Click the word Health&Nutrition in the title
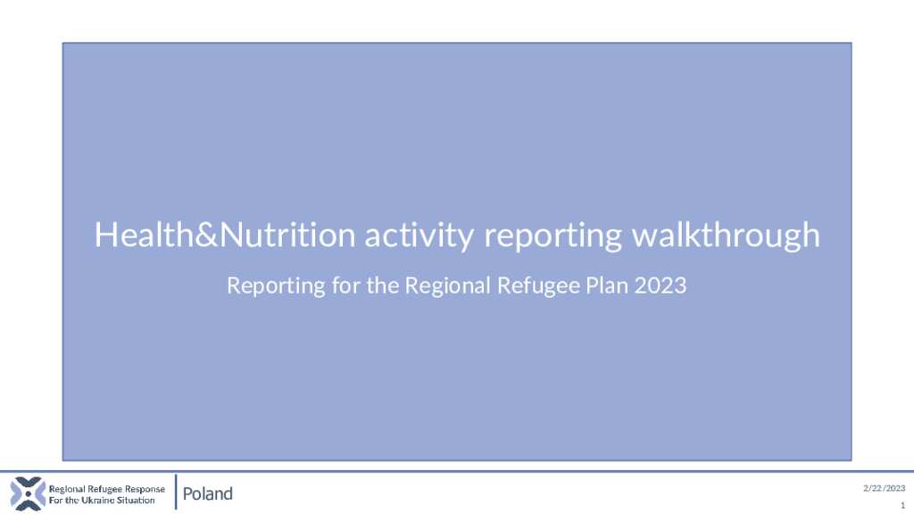(x=225, y=235)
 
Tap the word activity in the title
(x=420, y=236)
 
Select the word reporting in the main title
(x=553, y=236)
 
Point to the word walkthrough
(x=726, y=236)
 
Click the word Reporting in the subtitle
(x=276, y=286)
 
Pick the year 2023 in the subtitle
(x=661, y=286)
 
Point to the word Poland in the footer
(x=207, y=493)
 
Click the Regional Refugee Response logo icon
(x=28, y=493)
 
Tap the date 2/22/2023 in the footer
(x=885, y=488)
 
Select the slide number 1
(x=903, y=505)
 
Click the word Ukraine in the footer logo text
(x=98, y=500)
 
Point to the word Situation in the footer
(x=136, y=500)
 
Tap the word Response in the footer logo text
(x=145, y=490)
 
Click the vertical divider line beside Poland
(x=176, y=493)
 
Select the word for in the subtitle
(x=345, y=286)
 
